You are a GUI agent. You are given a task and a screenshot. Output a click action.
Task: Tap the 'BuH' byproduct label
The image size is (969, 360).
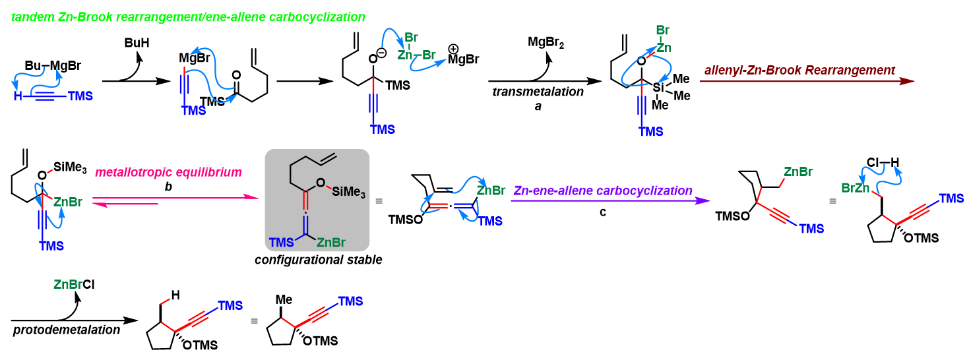pos(137,43)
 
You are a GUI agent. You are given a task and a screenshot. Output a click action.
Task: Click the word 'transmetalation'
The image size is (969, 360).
pos(538,92)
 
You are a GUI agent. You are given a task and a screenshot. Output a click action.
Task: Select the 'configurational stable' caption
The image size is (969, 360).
pos(318,260)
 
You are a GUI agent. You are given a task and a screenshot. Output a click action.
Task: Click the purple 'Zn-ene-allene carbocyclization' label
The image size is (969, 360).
pos(602,191)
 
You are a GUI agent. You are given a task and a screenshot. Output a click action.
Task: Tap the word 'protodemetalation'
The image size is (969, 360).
pos(67,329)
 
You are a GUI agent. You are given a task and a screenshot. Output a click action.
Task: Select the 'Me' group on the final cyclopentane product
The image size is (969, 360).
pos(284,300)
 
